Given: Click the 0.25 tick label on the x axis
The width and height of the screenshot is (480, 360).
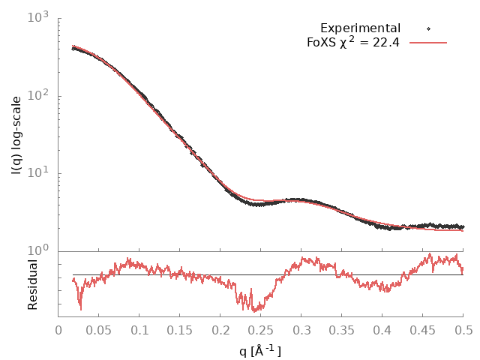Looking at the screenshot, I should point(260,329).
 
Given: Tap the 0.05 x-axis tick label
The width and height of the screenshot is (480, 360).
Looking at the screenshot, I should point(98,329).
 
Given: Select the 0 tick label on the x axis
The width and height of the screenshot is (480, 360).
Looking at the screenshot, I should point(58,329).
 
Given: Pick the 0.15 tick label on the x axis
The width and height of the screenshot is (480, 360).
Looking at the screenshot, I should point(179,329).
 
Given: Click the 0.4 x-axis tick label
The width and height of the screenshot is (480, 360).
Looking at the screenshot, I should point(382,329).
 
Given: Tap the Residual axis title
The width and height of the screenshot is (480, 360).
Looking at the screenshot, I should point(33,284).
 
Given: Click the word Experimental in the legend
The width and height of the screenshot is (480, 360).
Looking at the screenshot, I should point(360,28).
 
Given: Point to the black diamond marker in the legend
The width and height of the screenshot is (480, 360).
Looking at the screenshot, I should point(429,28).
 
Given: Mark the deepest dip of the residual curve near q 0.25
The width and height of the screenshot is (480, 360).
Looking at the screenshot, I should point(255,310).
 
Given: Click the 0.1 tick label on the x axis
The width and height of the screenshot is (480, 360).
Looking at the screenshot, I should point(139,329).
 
